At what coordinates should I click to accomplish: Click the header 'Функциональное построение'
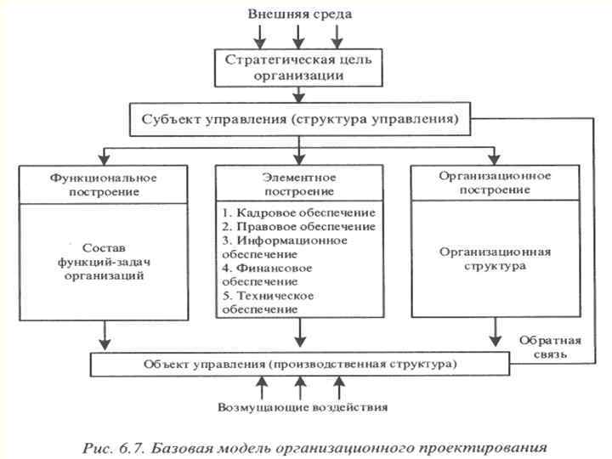click(105, 184)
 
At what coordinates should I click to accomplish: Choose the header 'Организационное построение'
click(494, 183)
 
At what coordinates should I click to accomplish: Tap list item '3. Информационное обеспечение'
click(284, 246)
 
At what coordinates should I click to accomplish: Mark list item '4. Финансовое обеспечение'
click(267, 274)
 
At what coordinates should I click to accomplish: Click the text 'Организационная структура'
click(494, 258)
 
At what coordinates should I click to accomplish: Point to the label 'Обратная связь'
click(551, 347)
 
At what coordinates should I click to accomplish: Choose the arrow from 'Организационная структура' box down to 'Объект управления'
click(494, 333)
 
